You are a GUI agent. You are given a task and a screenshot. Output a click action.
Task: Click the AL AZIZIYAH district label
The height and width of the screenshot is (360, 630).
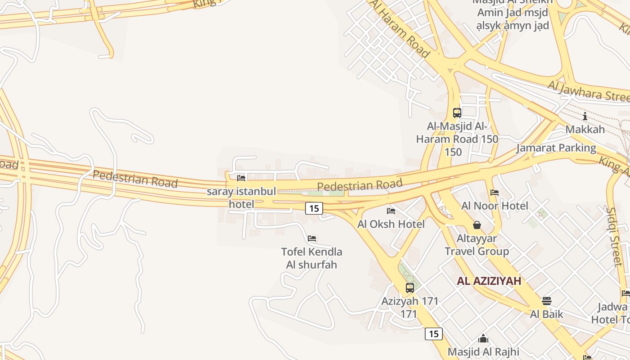point(489,281)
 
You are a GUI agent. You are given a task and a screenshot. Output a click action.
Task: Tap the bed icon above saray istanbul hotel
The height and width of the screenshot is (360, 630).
point(241,178)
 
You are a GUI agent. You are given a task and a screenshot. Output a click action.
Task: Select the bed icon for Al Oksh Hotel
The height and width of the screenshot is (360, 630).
point(391,211)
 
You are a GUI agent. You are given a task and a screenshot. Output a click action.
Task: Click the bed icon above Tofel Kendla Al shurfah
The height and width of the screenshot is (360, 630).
point(311,238)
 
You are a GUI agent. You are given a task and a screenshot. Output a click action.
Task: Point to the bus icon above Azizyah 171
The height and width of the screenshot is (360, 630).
point(409,288)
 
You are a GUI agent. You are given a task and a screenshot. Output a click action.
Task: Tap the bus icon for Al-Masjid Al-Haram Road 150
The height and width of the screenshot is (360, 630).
point(457,113)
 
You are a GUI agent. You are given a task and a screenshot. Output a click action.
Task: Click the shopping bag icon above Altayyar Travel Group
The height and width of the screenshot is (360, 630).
point(477,225)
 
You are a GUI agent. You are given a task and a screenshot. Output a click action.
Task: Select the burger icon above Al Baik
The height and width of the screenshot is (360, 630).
point(546,301)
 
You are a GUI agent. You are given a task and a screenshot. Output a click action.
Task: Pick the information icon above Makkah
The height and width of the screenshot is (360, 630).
point(585,117)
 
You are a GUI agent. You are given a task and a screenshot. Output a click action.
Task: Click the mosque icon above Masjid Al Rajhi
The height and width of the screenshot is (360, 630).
point(483,338)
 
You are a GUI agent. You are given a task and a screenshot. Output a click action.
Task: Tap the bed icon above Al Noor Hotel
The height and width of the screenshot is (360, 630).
point(495,193)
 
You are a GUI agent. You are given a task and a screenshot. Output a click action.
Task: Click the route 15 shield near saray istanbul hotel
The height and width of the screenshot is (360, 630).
point(314,208)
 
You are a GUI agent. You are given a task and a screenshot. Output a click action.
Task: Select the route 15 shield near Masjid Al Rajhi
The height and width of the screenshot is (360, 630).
point(433,334)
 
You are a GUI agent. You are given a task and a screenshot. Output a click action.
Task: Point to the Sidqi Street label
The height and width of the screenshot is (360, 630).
point(614,236)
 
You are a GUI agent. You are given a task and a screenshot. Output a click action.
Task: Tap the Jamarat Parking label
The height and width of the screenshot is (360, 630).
point(556,148)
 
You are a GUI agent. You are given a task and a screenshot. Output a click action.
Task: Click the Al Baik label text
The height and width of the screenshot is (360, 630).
point(546,314)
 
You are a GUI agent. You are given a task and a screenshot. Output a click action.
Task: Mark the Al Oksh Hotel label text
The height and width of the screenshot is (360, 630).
point(391,224)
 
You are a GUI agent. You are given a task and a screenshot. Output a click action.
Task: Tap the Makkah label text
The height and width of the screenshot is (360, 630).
point(585,130)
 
